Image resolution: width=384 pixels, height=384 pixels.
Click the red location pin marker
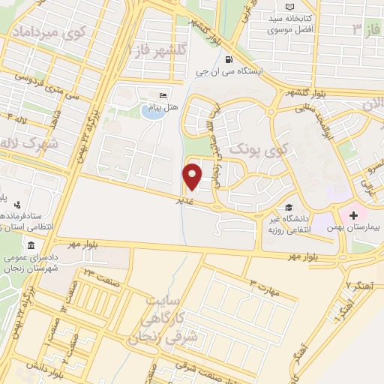pos(193,175)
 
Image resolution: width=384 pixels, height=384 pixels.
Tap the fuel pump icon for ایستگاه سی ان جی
pos(228,61)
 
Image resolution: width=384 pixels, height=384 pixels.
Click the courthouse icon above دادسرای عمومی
pos(31,247)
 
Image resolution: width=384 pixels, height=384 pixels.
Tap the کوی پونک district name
pos(257,148)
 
